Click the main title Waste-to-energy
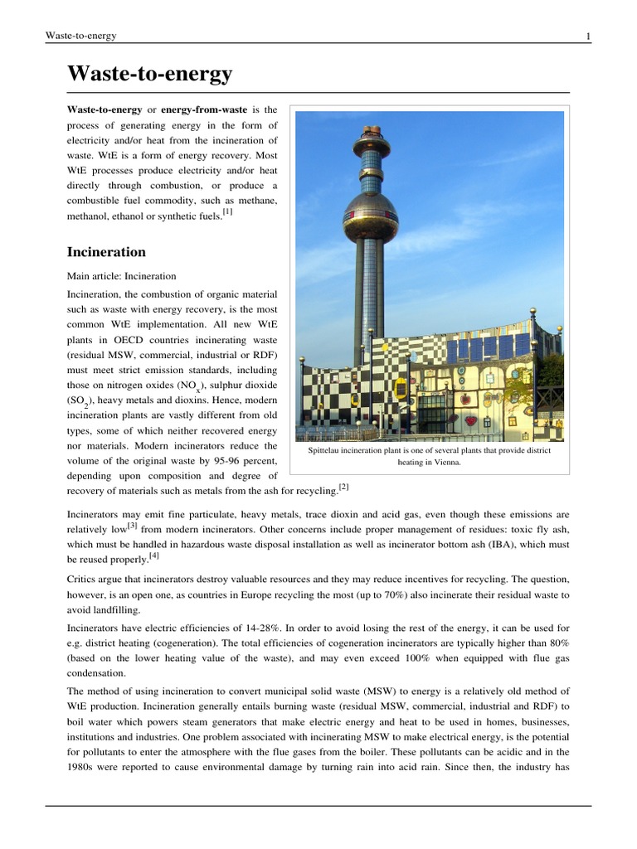(150, 75)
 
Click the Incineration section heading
(107, 251)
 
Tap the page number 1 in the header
(587, 36)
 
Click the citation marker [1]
(227, 211)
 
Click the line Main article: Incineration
(121, 276)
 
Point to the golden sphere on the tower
(370, 216)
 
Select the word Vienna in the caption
(445, 463)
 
